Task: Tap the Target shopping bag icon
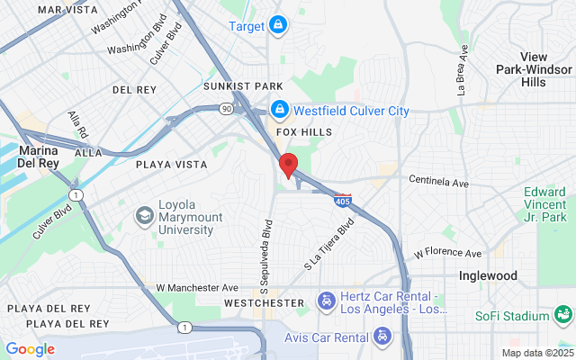tap(278, 25)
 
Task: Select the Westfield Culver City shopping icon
tap(279, 110)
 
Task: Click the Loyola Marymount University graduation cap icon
tap(144, 215)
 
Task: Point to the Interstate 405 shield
tap(342, 199)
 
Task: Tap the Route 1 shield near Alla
tap(77, 194)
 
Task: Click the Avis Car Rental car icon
tap(383, 337)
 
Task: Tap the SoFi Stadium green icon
tap(564, 315)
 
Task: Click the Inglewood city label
tap(488, 276)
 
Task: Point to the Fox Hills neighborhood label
tap(303, 132)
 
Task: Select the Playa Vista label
tap(171, 165)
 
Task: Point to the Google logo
tap(30, 349)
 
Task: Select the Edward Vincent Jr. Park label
tap(546, 204)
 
